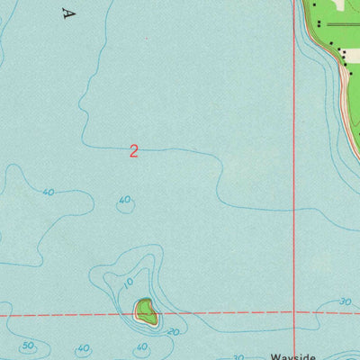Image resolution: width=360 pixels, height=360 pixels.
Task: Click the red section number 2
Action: coord(133,151)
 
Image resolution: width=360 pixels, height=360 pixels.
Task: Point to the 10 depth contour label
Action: coord(128,283)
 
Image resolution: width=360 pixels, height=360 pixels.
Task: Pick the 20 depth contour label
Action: coord(174,331)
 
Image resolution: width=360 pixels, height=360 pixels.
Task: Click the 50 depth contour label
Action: coord(28,346)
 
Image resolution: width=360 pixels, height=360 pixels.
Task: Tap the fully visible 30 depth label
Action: coord(346,301)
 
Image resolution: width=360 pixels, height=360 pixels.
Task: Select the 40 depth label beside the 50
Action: coord(83,348)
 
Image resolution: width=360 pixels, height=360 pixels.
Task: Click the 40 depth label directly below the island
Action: coord(141,346)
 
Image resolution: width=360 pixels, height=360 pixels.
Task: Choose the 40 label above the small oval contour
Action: coord(124,200)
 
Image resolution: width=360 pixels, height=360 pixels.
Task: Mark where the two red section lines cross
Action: coord(294,312)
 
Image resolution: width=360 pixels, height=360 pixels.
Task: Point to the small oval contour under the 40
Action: coord(127,208)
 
